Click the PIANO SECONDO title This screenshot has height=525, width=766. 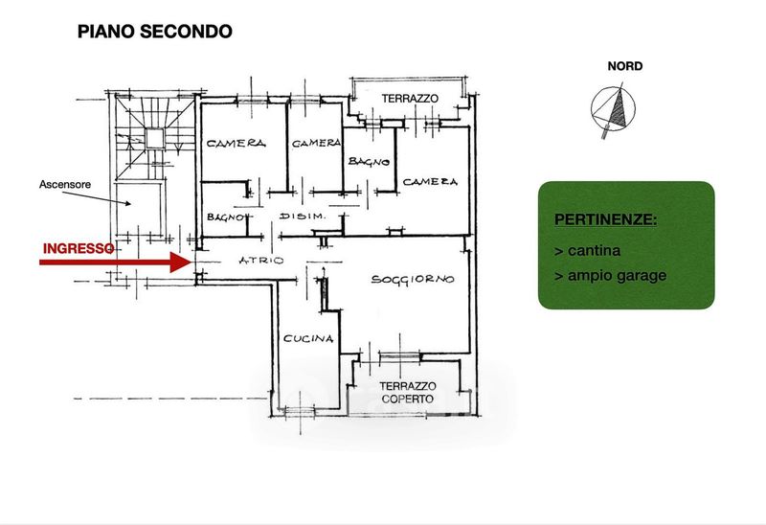click(154, 32)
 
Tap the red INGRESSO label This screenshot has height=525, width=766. click(79, 247)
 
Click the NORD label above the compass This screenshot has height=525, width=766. click(624, 66)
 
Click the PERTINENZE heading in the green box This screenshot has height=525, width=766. click(605, 220)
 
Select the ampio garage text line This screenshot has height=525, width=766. click(610, 276)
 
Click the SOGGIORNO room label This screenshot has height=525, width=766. click(413, 280)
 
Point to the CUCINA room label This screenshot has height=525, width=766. click(307, 338)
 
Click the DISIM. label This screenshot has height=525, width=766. click(304, 217)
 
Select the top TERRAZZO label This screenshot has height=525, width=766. click(410, 99)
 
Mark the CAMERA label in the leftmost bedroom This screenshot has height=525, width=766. click(235, 143)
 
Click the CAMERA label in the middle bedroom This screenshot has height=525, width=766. click(316, 143)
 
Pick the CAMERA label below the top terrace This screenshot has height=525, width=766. click(429, 181)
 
